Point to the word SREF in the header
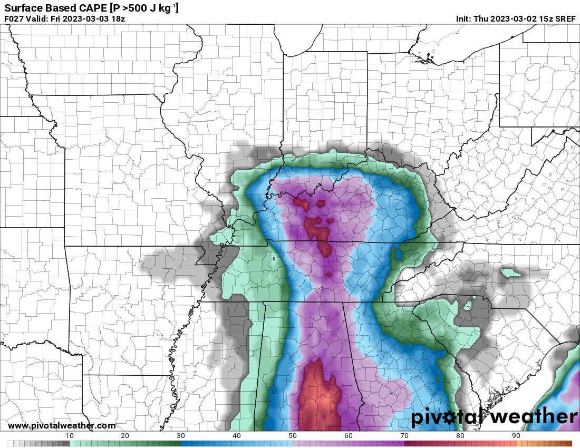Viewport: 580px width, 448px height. click(566, 19)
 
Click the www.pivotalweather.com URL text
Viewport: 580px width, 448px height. click(62, 426)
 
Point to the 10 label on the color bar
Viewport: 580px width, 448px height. click(70, 435)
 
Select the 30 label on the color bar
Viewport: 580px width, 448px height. click(181, 435)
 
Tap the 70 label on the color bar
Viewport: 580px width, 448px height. click(404, 435)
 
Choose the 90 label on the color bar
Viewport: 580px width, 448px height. click(516, 435)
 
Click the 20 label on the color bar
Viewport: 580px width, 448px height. click(125, 435)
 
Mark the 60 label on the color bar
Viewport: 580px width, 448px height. click(349, 435)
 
